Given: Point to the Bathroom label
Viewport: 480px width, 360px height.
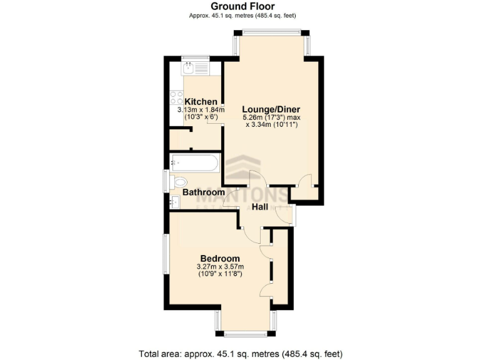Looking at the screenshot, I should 203,192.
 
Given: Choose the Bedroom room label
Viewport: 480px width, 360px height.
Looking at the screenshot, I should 220,259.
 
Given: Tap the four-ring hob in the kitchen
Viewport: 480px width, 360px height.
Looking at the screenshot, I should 176,98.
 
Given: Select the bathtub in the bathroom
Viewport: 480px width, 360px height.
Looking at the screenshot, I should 194,164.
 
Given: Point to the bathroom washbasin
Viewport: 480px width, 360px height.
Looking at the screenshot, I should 175,201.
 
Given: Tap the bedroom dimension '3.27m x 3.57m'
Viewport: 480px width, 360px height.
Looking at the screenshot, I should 220,267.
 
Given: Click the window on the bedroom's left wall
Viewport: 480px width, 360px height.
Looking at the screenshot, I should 166,253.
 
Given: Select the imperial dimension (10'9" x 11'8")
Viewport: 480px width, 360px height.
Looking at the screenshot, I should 220,274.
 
